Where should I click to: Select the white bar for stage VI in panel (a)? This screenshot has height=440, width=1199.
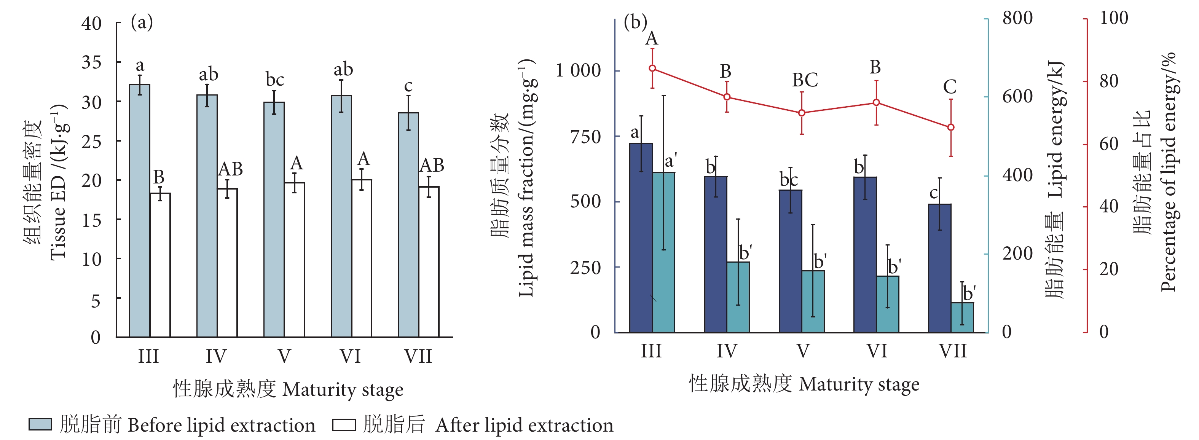361,258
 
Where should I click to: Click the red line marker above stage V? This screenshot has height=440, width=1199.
802,113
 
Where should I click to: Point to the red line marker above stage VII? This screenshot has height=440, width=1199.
951,127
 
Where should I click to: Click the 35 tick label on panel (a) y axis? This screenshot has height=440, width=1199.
91,62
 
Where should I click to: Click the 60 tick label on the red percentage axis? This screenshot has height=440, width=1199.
1109,144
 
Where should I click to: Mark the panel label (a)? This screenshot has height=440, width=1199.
142,22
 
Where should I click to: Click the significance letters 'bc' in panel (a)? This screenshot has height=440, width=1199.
274,80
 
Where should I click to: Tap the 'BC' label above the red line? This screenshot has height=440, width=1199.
805,80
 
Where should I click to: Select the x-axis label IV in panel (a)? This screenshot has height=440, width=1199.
216,356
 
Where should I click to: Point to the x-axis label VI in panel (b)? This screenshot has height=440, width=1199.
877,351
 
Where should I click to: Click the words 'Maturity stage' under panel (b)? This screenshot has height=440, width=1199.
859,384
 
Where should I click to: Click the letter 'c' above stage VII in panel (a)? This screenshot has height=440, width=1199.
408,86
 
